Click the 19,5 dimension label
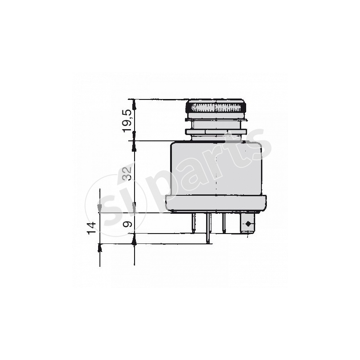(x=127, y=121)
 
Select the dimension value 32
(x=127, y=173)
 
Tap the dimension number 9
(x=127, y=224)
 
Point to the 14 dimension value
(x=92, y=228)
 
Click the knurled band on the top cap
(x=216, y=108)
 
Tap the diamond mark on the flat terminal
(x=248, y=224)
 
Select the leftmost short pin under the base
(x=193, y=223)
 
